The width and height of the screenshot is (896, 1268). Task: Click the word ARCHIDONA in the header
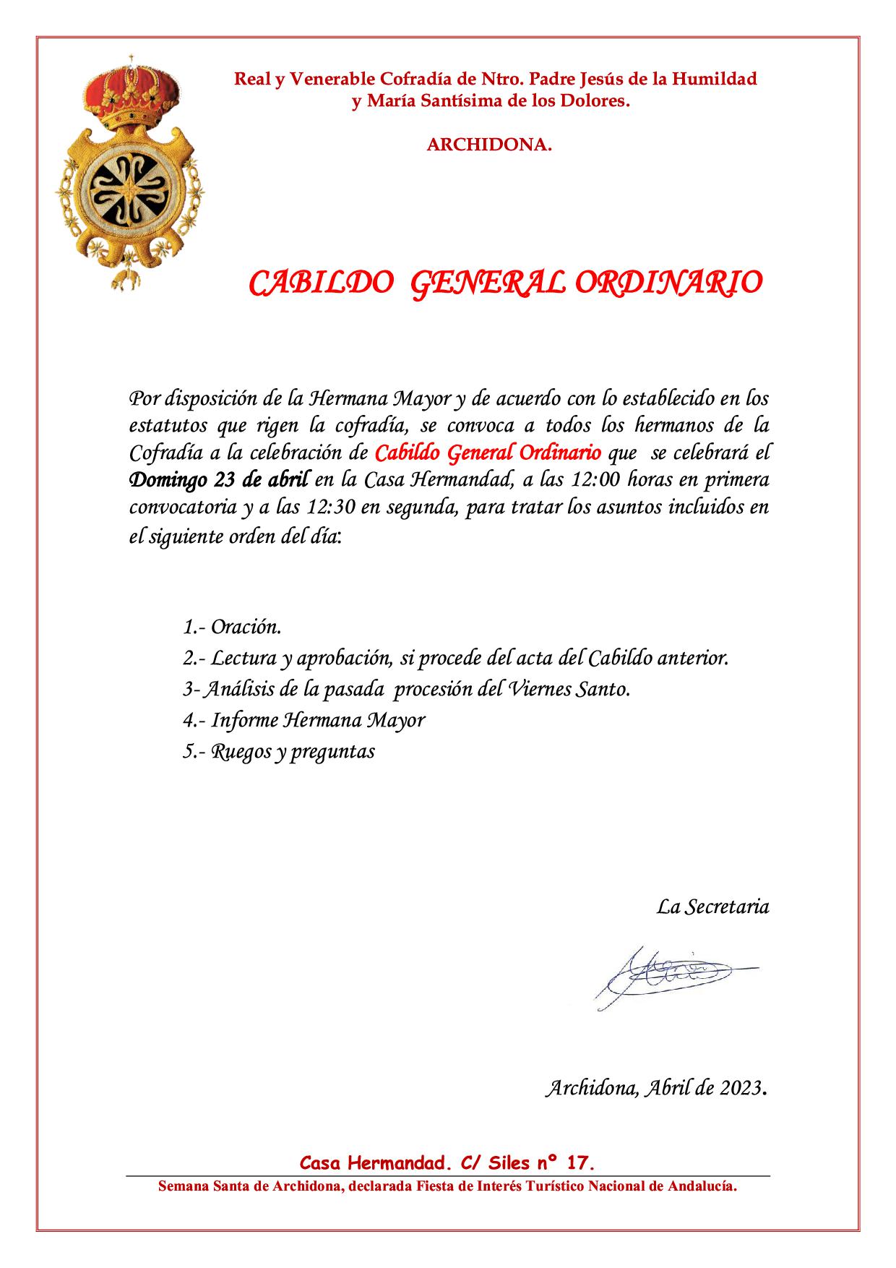point(489,145)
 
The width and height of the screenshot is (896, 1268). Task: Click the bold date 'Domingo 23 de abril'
point(219,479)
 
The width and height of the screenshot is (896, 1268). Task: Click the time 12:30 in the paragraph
point(331,507)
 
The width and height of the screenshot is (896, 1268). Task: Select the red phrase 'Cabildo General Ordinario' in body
point(488,453)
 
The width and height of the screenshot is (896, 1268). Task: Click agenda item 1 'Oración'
point(232,626)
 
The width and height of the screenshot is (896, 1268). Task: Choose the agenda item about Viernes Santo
point(407,689)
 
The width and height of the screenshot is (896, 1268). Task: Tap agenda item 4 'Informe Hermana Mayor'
point(303,720)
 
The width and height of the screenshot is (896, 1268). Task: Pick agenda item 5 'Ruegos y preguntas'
point(279,751)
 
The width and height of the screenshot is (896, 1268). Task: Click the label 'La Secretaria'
point(712,906)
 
